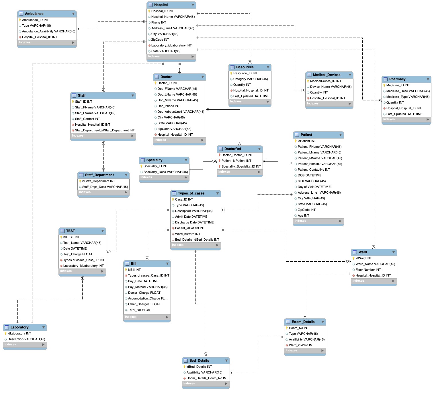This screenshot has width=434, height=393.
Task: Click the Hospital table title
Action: [161, 5]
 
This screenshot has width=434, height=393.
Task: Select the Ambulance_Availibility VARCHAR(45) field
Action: [48, 31]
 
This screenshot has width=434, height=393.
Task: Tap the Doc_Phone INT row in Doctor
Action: [169, 106]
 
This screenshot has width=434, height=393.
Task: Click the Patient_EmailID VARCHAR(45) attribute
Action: [320, 164]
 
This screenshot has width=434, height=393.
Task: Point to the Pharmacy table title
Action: [397, 79]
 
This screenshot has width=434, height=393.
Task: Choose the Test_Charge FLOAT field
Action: [78, 254]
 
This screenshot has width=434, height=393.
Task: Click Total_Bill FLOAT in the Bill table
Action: [140, 310]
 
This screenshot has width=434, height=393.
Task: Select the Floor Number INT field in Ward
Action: [368, 270]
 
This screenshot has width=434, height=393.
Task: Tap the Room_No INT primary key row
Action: [299, 328]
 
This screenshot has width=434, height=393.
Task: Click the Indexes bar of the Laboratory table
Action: [24, 345]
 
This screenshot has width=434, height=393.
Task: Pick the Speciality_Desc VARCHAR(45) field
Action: [165, 172]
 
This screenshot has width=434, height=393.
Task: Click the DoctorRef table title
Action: [232, 149]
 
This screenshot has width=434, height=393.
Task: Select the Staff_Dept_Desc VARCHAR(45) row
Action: [105, 187]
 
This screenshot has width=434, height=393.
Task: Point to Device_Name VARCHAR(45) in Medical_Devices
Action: [331, 87]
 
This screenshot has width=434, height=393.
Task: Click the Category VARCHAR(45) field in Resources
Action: [250, 79]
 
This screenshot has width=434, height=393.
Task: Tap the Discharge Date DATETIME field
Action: [194, 222]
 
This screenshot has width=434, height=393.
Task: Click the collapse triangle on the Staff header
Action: [133, 96]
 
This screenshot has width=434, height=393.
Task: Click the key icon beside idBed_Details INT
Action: [185, 367]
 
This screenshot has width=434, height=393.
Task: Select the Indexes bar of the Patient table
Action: [318, 221]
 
